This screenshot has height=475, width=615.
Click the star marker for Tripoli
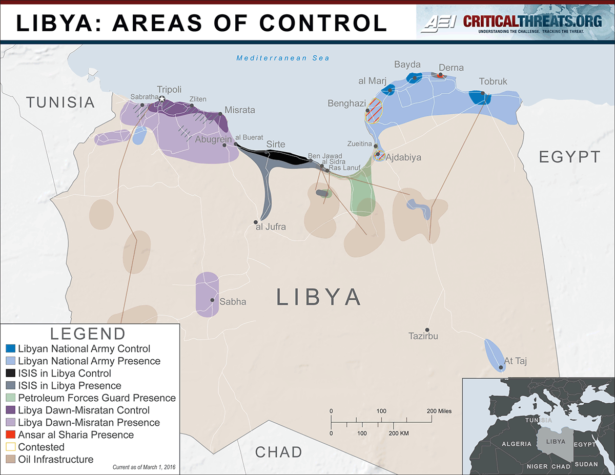coord(162,99)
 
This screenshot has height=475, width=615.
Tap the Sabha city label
coord(233,302)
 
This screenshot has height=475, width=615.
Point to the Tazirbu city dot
coord(427,330)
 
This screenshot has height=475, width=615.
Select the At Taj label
coord(516,361)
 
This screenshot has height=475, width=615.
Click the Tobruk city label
coord(493,81)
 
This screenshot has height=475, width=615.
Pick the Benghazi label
coord(347,104)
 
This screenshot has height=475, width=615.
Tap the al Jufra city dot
coord(256,222)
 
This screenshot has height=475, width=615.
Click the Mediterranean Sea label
coord(283,58)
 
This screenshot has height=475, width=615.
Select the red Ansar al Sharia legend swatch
coord(10,435)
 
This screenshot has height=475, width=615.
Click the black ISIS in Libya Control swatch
coord(10,374)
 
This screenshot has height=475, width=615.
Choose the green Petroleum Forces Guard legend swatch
coord(10,398)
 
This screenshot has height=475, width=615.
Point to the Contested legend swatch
coord(10,447)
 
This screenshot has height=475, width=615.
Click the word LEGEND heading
coord(88,334)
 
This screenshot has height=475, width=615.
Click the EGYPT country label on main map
coord(569,157)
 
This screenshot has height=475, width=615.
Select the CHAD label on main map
coord(278,452)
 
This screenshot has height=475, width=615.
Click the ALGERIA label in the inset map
coord(517,444)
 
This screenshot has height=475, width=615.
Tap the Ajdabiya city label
coord(403,157)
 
